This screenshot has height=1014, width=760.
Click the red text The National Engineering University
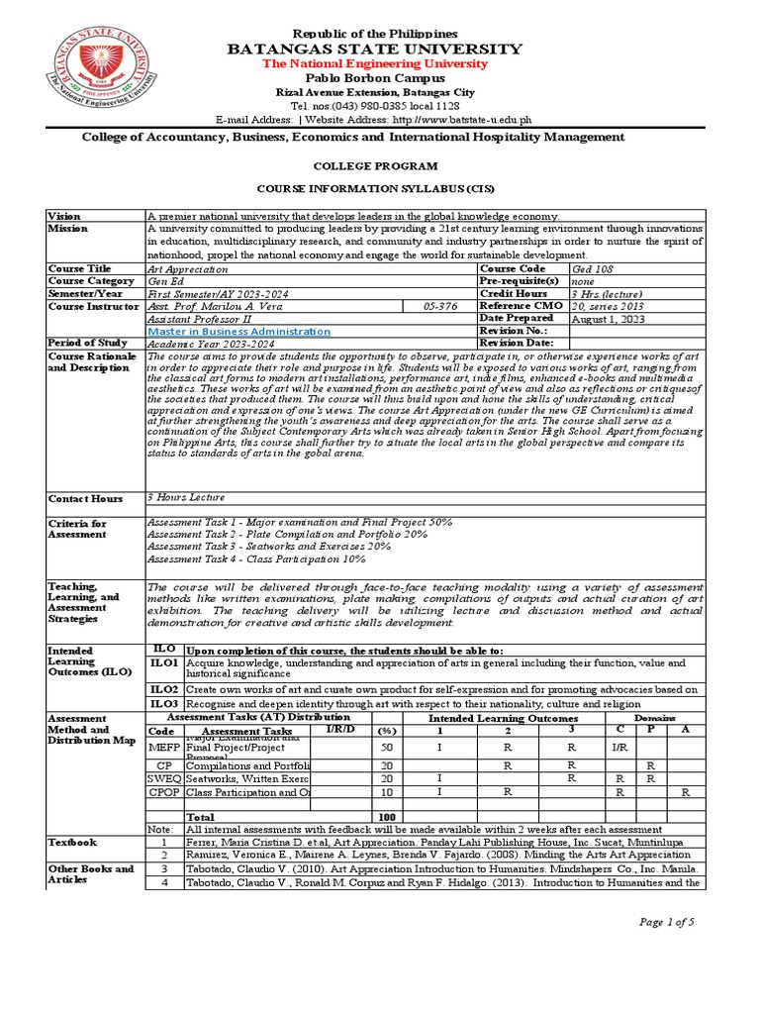pyautogui.click(x=374, y=63)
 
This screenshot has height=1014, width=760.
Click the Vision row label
pyautogui.click(x=64, y=216)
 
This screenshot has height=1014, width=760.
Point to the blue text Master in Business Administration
pyautogui.click(x=238, y=332)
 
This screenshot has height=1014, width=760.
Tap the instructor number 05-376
pyautogui.click(x=440, y=307)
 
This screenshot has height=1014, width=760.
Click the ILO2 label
pyautogui.click(x=164, y=688)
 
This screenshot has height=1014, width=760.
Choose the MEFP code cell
pyautogui.click(x=163, y=748)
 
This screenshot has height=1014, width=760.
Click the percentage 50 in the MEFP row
pyautogui.click(x=387, y=748)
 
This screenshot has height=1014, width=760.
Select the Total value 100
pyautogui.click(x=387, y=817)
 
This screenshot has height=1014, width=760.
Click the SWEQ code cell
pyautogui.click(x=163, y=779)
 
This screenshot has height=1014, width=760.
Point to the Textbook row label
pyautogui.click(x=73, y=842)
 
